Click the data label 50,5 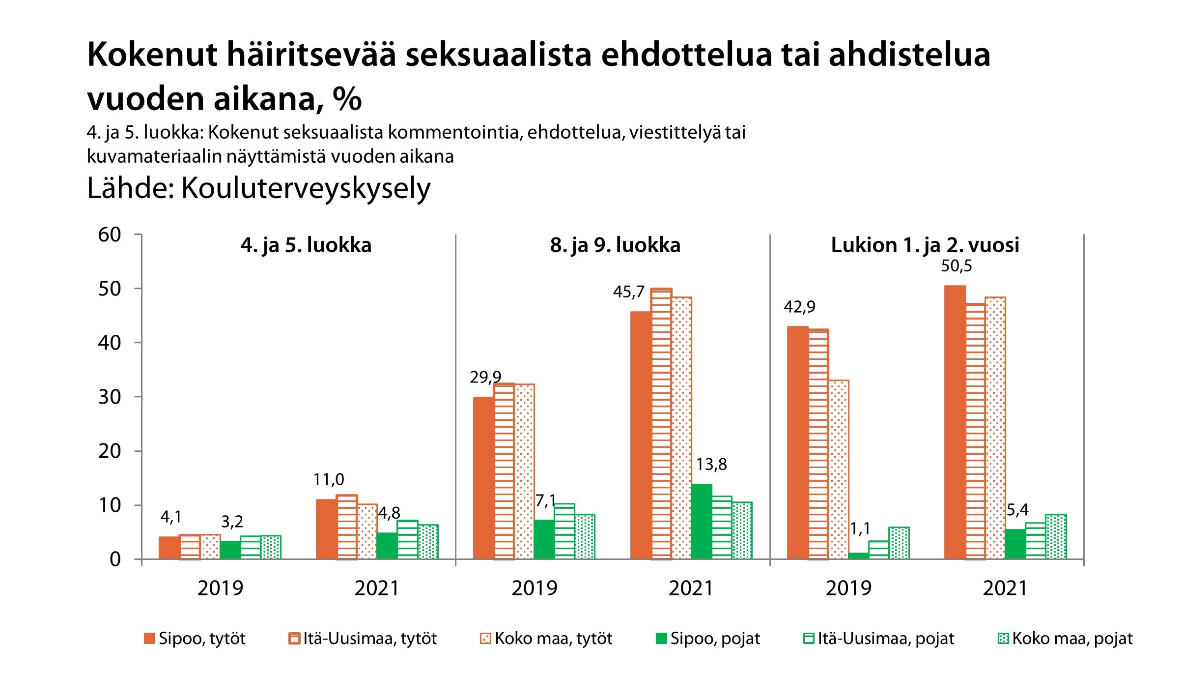coord(956,266)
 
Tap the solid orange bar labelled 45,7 coord(641,435)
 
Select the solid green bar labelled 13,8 coord(701,522)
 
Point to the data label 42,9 coord(799,307)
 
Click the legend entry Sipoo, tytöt coord(196,639)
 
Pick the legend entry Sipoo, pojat coord(708,639)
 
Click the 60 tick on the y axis coord(110,235)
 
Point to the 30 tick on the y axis coord(110,397)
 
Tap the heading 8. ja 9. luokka coord(615,245)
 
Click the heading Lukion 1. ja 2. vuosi coord(925,245)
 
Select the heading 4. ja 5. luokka coord(306,245)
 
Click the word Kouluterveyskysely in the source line coord(306,188)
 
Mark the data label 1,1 coord(860,528)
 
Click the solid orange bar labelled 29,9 coord(483,478)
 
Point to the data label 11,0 coord(329,479)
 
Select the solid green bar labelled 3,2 coord(230,550)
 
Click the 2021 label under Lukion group coord(1005,588)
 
